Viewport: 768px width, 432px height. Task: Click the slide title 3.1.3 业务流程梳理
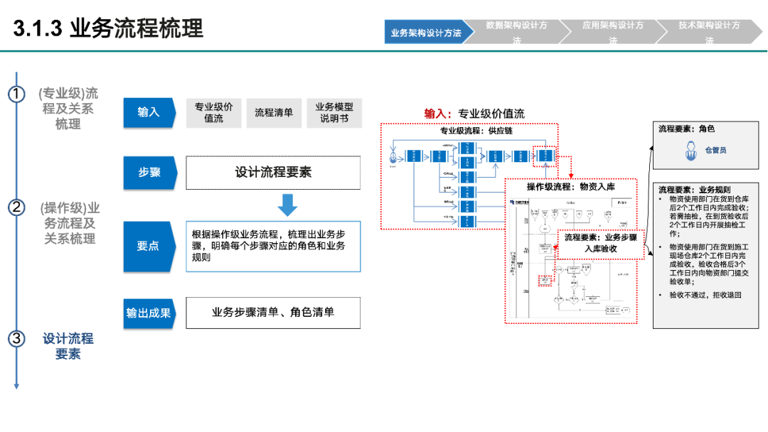108,28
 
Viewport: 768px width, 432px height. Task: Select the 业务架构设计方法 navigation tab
425,33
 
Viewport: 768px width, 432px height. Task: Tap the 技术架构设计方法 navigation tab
708,33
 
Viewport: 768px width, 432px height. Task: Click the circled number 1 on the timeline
16,94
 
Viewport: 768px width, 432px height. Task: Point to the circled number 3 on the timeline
16,338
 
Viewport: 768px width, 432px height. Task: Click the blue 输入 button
149,112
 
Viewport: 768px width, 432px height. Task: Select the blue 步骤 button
149,172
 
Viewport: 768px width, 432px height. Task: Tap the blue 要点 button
149,246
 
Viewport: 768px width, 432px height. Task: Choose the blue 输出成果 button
149,313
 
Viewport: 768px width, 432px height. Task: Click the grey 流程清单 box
274,112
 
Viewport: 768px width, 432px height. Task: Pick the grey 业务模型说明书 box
334,112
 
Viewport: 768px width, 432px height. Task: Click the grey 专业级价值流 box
213,112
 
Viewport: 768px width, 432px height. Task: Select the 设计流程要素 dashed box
273,172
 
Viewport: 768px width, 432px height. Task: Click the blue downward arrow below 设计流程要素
287,205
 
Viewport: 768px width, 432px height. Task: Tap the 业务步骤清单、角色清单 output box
273,313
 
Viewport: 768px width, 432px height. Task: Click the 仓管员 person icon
690,150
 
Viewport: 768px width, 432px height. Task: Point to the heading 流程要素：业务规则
694,190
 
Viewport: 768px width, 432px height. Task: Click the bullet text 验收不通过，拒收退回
705,294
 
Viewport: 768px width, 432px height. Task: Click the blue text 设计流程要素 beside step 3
68,346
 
